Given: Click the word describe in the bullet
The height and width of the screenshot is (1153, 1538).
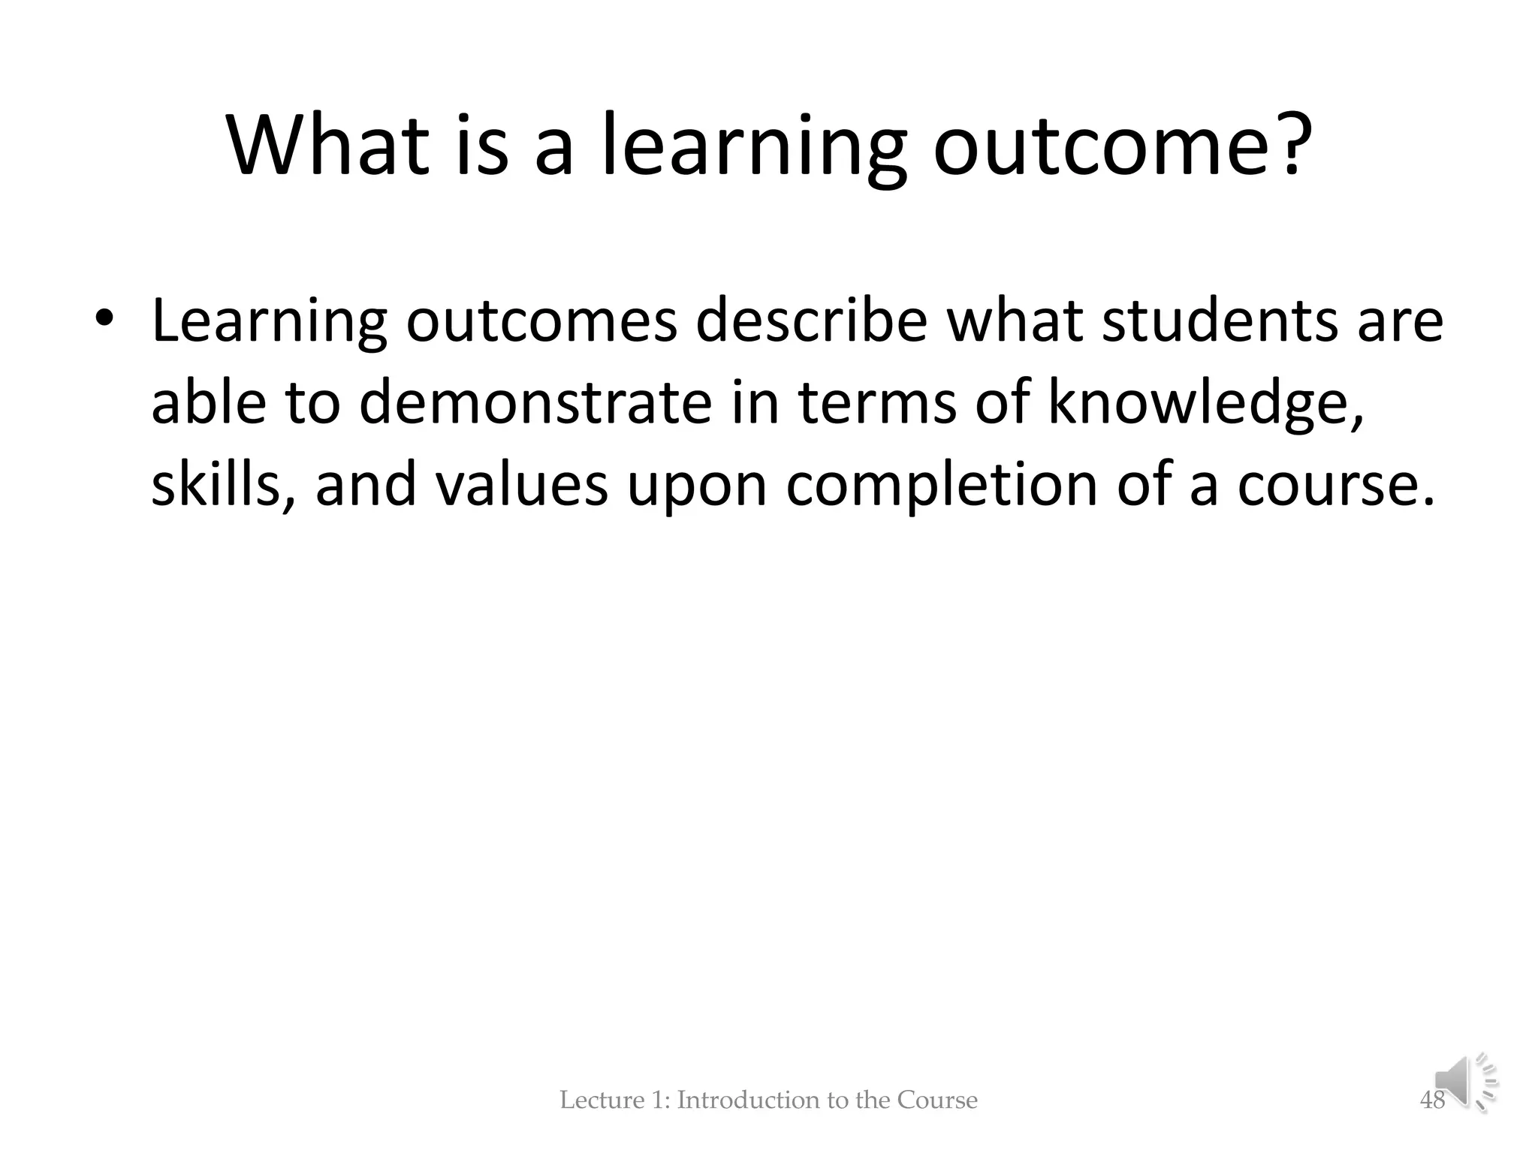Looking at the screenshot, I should pyautogui.click(x=811, y=321).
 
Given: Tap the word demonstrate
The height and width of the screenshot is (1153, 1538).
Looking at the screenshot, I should pyautogui.click(x=535, y=402).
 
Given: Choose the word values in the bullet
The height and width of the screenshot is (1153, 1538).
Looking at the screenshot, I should pyautogui.click(x=522, y=484).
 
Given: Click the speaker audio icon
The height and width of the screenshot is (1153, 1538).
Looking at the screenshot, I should pyautogui.click(x=1464, y=1082).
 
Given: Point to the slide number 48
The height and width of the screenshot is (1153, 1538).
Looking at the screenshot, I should pyautogui.click(x=1431, y=1100).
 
